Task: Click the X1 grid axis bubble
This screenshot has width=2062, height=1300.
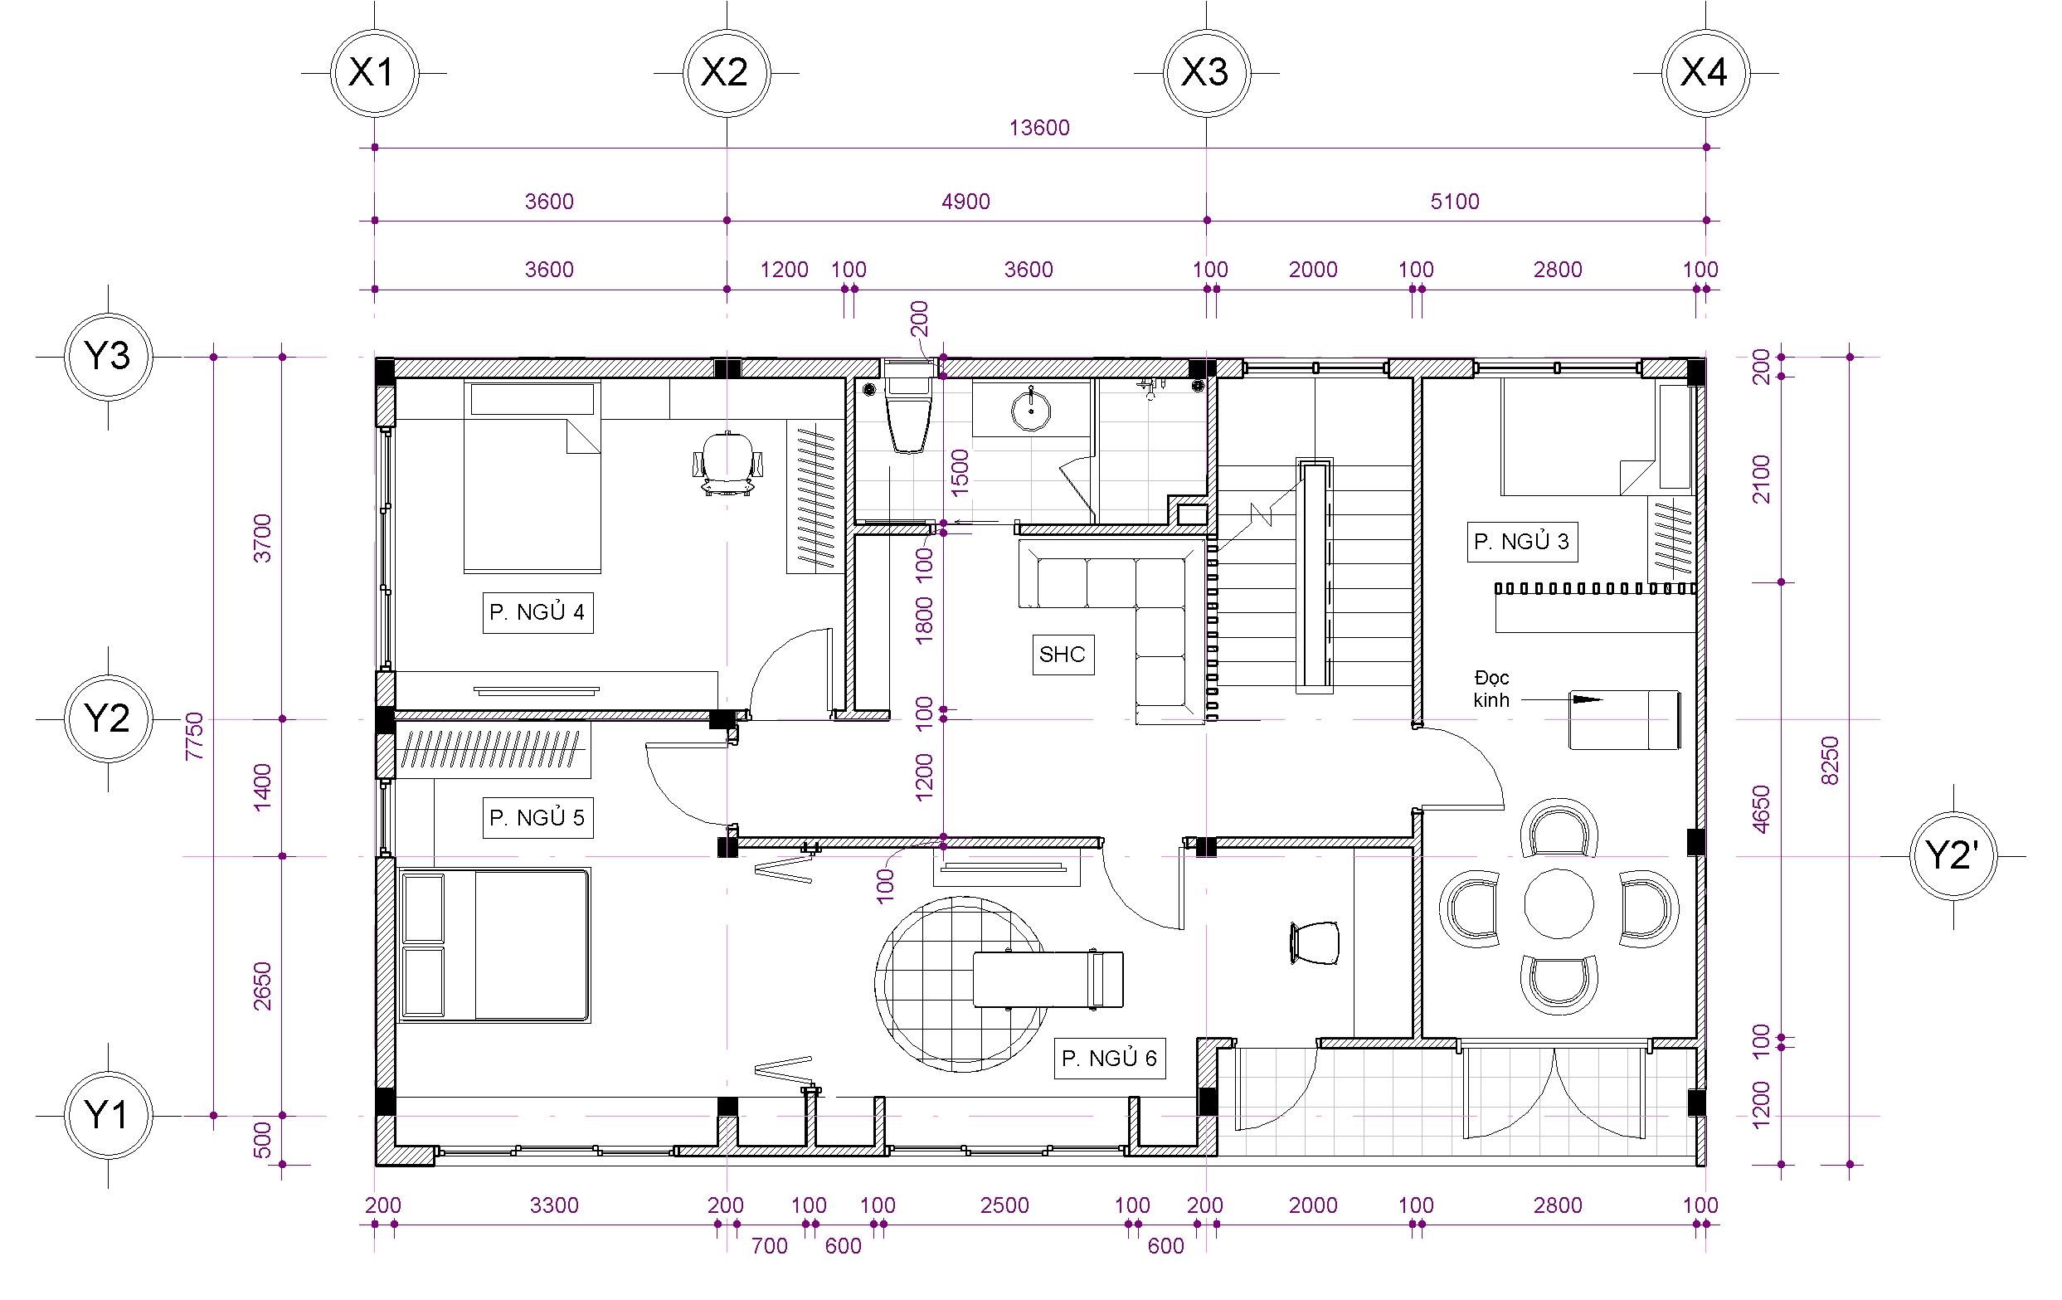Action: [374, 73]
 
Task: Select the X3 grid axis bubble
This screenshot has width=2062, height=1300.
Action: [1207, 73]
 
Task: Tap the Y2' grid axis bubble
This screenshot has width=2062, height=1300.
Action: [1953, 855]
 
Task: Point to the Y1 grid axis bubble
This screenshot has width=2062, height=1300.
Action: [108, 1115]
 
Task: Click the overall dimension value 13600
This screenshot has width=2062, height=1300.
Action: [1038, 128]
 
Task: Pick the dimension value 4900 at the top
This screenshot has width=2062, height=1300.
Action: [965, 202]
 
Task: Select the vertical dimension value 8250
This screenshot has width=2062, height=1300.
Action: [1828, 760]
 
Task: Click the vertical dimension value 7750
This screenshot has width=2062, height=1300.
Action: [194, 736]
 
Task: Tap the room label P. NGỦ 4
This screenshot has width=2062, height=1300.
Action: [537, 612]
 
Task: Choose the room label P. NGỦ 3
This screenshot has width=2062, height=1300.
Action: [1522, 541]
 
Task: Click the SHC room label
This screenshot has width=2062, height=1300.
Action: [1063, 655]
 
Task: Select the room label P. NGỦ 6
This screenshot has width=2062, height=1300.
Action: [1109, 1059]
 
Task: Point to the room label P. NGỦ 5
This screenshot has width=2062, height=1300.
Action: [537, 818]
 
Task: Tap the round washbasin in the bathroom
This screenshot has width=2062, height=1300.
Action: [1031, 410]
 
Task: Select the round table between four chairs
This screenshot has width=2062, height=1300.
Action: [1559, 903]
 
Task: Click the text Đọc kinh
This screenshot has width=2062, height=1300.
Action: [1491, 689]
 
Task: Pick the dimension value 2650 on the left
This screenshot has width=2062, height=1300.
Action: [262, 986]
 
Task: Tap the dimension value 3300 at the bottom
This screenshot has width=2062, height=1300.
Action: [554, 1205]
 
